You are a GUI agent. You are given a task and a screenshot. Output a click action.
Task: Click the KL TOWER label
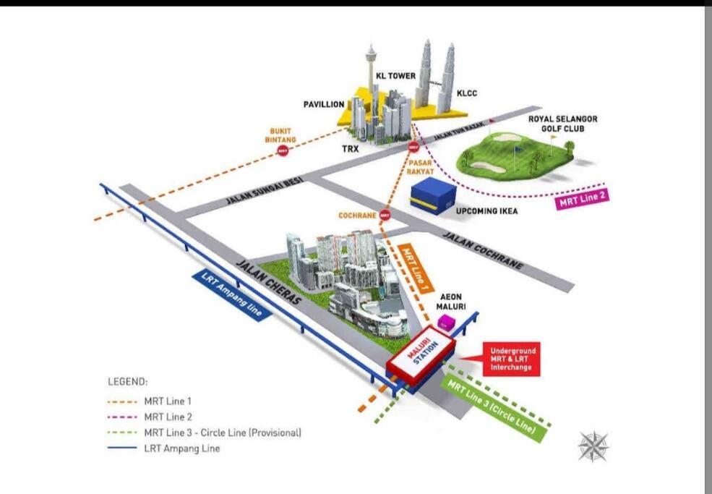coord(395,76)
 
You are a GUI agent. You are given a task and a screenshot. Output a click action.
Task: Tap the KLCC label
coord(467,93)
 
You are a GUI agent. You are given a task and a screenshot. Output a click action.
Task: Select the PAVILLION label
coord(324,105)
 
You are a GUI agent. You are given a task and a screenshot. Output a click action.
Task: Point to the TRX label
coord(351,148)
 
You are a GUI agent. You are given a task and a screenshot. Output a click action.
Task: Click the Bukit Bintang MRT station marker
coord(283,150)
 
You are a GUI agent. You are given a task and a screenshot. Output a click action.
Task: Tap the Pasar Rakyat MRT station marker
coord(413,148)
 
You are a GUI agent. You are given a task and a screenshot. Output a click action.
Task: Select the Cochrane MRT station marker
coord(385,215)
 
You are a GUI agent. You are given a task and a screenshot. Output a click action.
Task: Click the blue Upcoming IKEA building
coord(433,196)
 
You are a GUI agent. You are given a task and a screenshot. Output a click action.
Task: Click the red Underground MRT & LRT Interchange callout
coord(511,359)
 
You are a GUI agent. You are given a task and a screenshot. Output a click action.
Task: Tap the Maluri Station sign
coord(421,354)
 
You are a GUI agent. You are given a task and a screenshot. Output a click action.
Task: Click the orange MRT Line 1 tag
coord(416,269)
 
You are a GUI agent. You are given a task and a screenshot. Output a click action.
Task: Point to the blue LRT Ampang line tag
coord(232,295)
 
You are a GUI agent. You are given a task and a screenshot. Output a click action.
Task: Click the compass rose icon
coord(593,446)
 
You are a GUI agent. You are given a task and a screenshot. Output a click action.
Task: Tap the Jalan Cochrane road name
coord(483,250)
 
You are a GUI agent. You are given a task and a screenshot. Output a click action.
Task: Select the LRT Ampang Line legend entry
coord(164,448)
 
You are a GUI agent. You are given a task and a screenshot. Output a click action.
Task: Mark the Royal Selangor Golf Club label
coord(562,124)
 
